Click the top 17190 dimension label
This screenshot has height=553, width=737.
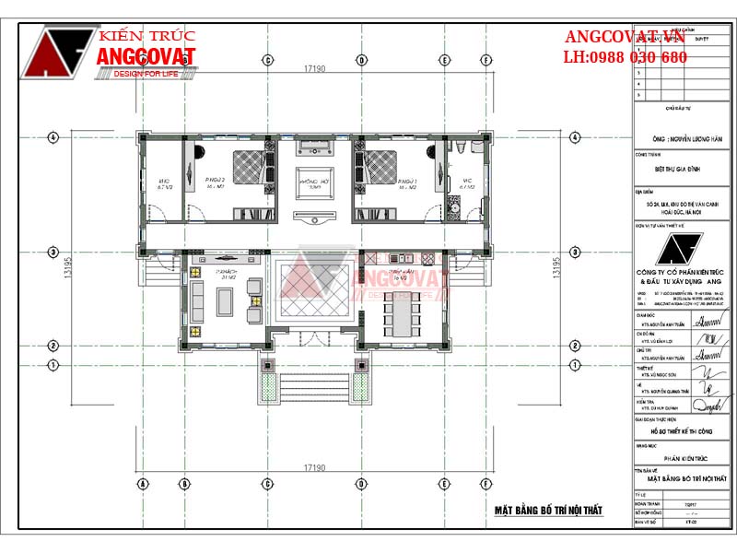pyautogui.click(x=316, y=69)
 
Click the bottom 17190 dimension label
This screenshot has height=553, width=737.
pyautogui.click(x=316, y=468)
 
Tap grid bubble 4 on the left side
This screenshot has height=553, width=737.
pyautogui.click(x=54, y=137)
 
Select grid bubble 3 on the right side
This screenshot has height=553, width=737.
pyautogui.click(x=576, y=252)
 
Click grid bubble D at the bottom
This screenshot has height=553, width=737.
pyautogui.click(x=361, y=484)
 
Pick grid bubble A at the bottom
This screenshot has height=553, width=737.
pyautogui.click(x=143, y=484)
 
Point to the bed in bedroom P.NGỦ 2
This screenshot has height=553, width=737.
pyautogui.click(x=247, y=169)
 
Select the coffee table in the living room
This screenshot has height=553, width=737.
pyautogui.click(x=225, y=300)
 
